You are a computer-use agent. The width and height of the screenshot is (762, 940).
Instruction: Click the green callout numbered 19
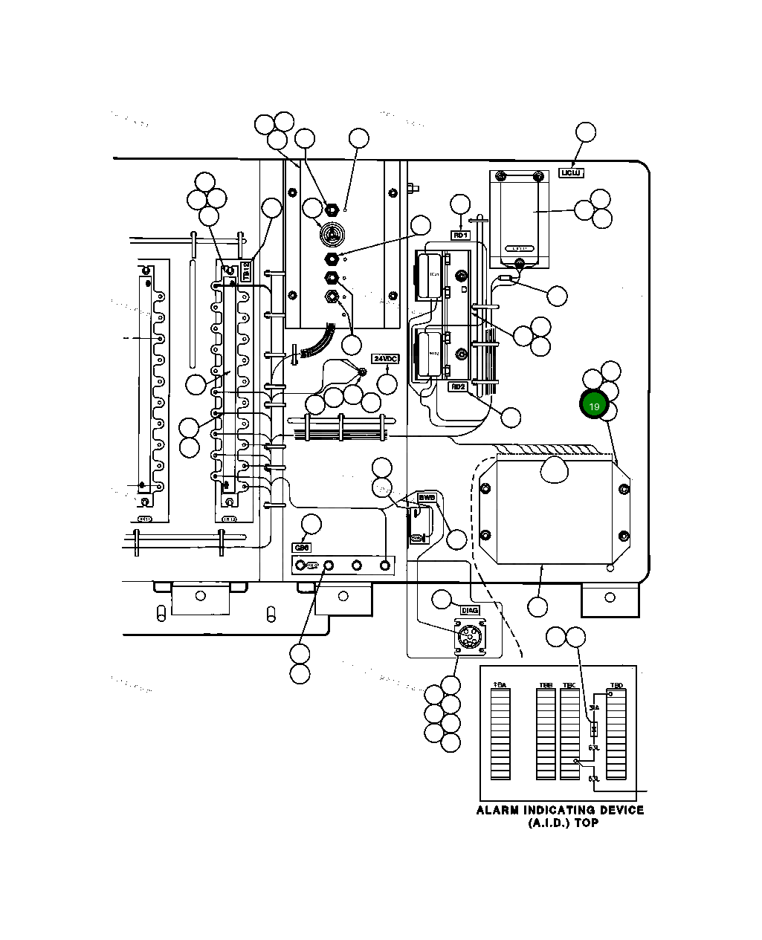tap(594, 406)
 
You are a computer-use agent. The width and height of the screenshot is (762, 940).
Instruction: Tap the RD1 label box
tap(461, 235)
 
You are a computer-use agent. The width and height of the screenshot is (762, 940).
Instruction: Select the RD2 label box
tap(457, 386)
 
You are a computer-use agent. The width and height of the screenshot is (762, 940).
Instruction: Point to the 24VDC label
tap(386, 359)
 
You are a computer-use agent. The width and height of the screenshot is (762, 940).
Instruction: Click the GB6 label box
tap(302, 548)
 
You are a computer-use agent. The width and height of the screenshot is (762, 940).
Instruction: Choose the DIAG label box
tap(470, 610)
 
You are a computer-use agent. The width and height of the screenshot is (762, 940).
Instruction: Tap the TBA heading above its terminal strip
tap(500, 684)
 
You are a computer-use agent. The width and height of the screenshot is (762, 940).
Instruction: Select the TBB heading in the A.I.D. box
tap(546, 684)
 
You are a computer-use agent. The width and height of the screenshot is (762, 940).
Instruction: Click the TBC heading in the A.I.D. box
tap(569, 684)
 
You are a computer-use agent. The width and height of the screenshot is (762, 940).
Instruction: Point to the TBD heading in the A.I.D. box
tap(616, 684)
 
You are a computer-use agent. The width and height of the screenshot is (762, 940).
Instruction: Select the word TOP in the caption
tap(586, 823)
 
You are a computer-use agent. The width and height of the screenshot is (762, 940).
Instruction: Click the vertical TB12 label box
tap(247, 270)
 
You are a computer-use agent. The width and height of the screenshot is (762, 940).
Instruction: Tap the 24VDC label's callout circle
tap(387, 383)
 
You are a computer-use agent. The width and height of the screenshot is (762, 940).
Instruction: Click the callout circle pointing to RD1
tap(461, 204)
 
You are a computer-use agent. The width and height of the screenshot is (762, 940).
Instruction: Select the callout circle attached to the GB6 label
tap(311, 524)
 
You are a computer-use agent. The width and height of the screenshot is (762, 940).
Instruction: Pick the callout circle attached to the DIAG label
tap(443, 599)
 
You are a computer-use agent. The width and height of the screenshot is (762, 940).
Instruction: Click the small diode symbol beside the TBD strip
tap(593, 729)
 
